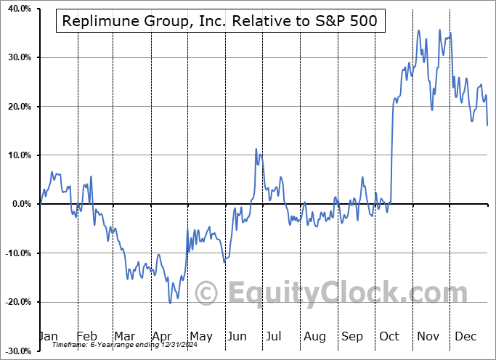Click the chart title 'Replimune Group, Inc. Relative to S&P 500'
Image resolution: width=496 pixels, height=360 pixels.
click(x=219, y=21)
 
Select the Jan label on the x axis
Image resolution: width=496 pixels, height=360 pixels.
click(x=48, y=337)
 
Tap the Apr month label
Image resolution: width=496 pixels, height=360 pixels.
click(x=163, y=337)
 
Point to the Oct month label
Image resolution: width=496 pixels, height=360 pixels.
click(x=390, y=337)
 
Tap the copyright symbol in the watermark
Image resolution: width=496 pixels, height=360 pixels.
click(x=207, y=293)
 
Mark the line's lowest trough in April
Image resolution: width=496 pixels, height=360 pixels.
click(x=171, y=303)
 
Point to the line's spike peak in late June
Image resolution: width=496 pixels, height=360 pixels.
click(x=256, y=149)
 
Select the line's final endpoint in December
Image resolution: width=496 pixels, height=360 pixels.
click(x=487, y=125)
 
